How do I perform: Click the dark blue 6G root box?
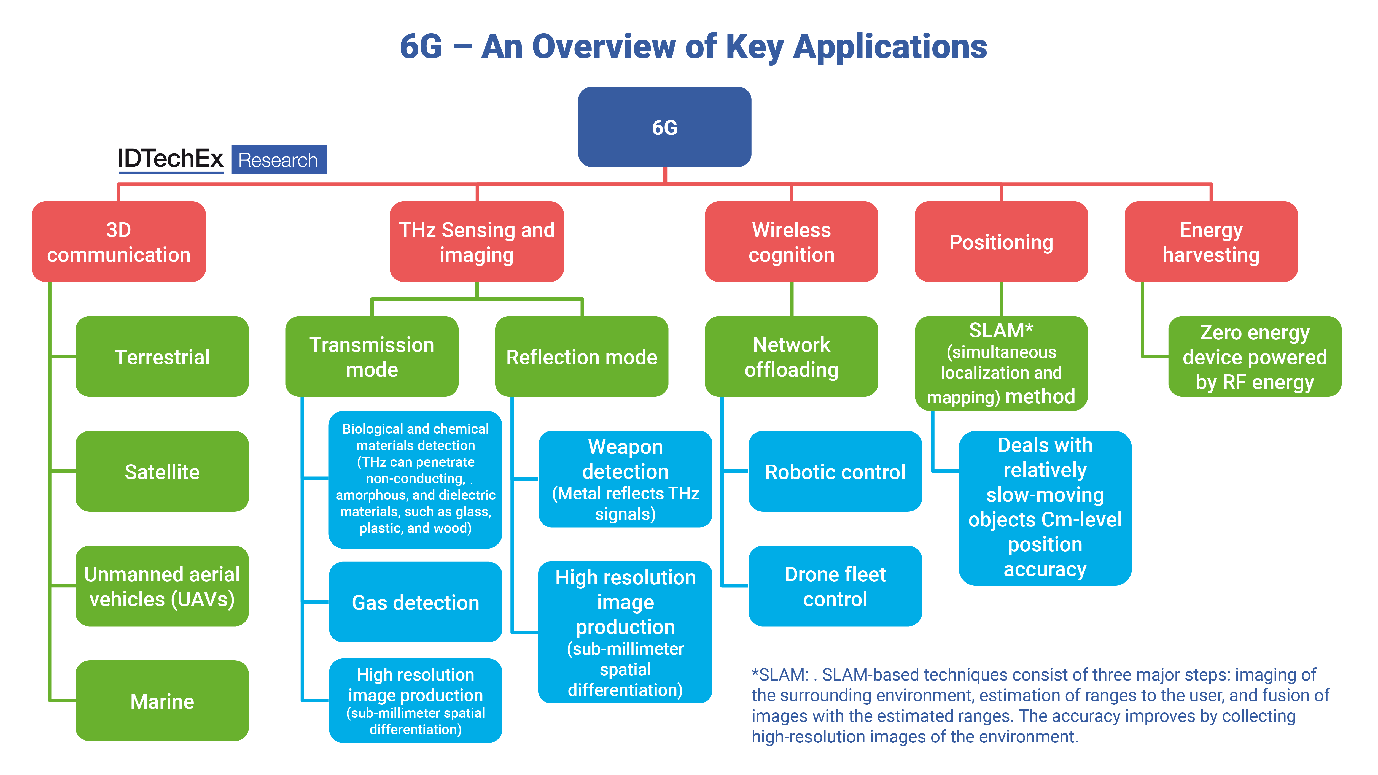pyautogui.click(x=664, y=127)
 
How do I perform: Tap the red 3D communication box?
pyautogui.click(x=119, y=242)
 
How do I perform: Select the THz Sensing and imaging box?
pyautogui.click(x=477, y=242)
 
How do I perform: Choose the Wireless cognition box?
pyautogui.click(x=791, y=242)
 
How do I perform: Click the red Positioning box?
pyautogui.click(x=1001, y=242)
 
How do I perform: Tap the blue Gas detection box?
pyautogui.click(x=416, y=602)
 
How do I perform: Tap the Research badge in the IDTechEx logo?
pyautogui.click(x=278, y=160)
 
